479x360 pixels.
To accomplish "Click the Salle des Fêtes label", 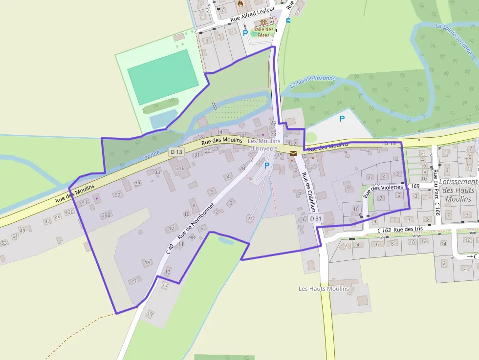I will coord(263,32).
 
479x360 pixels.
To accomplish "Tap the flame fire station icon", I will coord(240,3).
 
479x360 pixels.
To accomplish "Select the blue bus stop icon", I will coord(288,21).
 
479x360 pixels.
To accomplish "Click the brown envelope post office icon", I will coord(293,153).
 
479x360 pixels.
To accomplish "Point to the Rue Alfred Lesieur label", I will coord(250,15).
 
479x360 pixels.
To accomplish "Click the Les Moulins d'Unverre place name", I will coord(263,145).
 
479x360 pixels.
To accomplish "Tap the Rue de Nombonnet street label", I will coord(196,221).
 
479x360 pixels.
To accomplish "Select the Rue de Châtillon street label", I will coord(308,192).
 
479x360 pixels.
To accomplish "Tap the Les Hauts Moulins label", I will coord(324,289).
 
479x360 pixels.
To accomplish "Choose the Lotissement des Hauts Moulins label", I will coord(458,190).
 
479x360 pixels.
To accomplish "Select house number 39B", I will coord(106,215).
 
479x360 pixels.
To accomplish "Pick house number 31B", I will coord(180,168).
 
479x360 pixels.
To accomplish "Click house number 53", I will coord(4,243).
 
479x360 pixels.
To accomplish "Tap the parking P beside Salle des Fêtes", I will coord(245,33).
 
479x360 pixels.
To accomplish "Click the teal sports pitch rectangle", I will coord(163,77).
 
